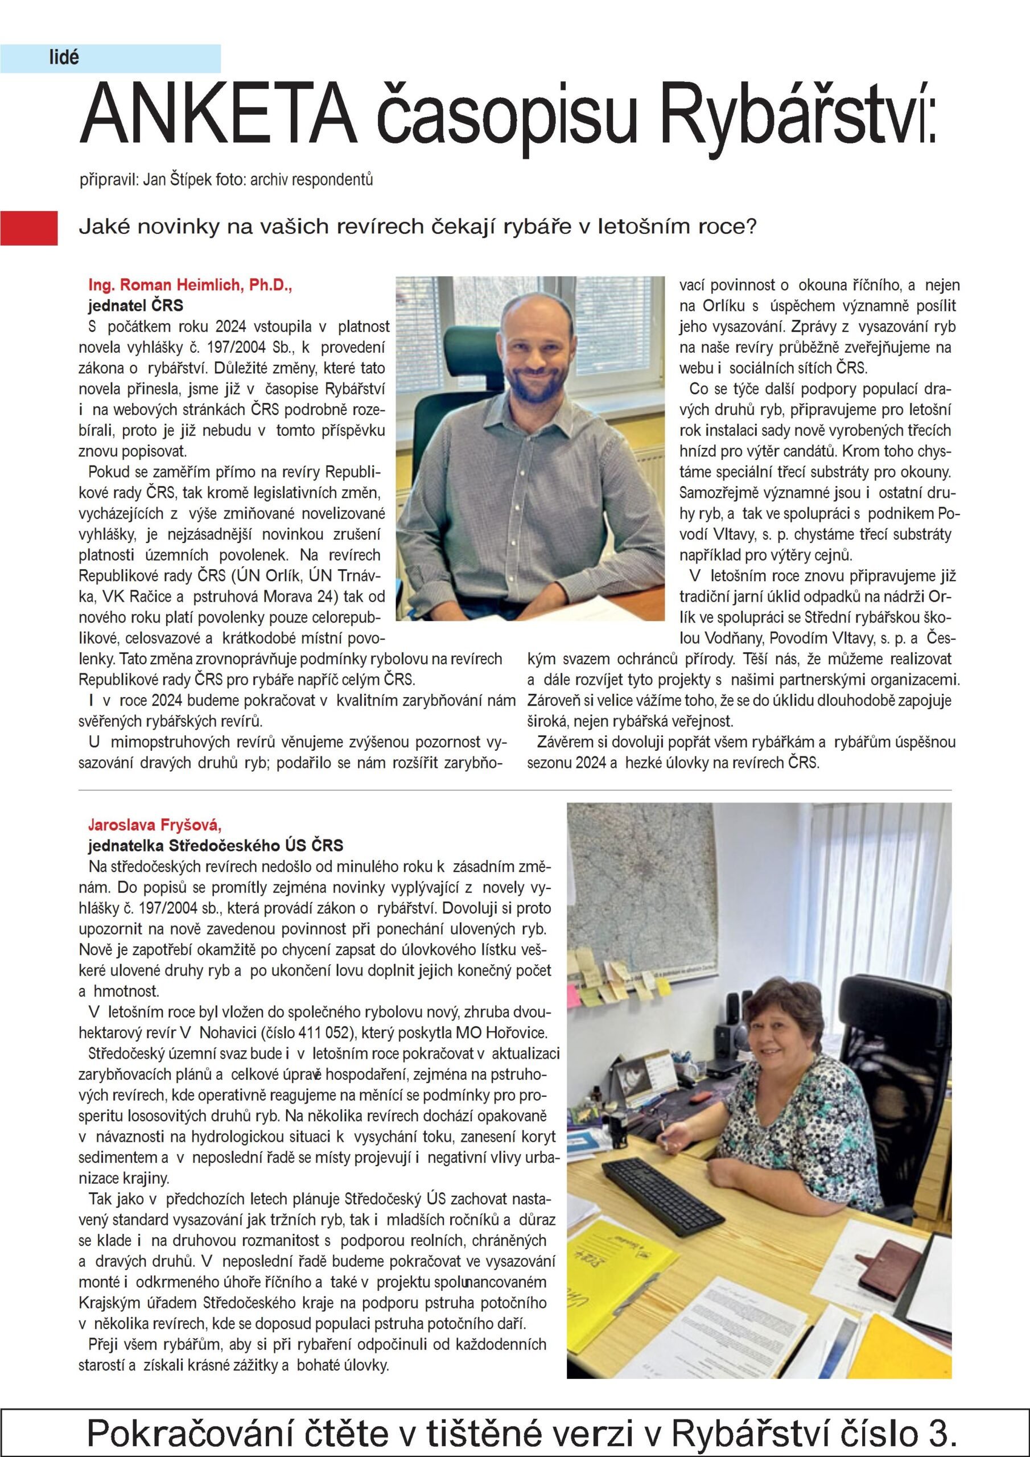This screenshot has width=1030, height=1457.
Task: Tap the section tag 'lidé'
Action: tap(64, 57)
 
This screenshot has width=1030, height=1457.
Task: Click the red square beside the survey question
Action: tap(28, 228)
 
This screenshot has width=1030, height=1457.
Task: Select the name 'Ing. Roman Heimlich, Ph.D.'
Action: tap(189, 285)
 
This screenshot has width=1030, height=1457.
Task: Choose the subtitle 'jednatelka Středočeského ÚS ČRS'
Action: tap(216, 846)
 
